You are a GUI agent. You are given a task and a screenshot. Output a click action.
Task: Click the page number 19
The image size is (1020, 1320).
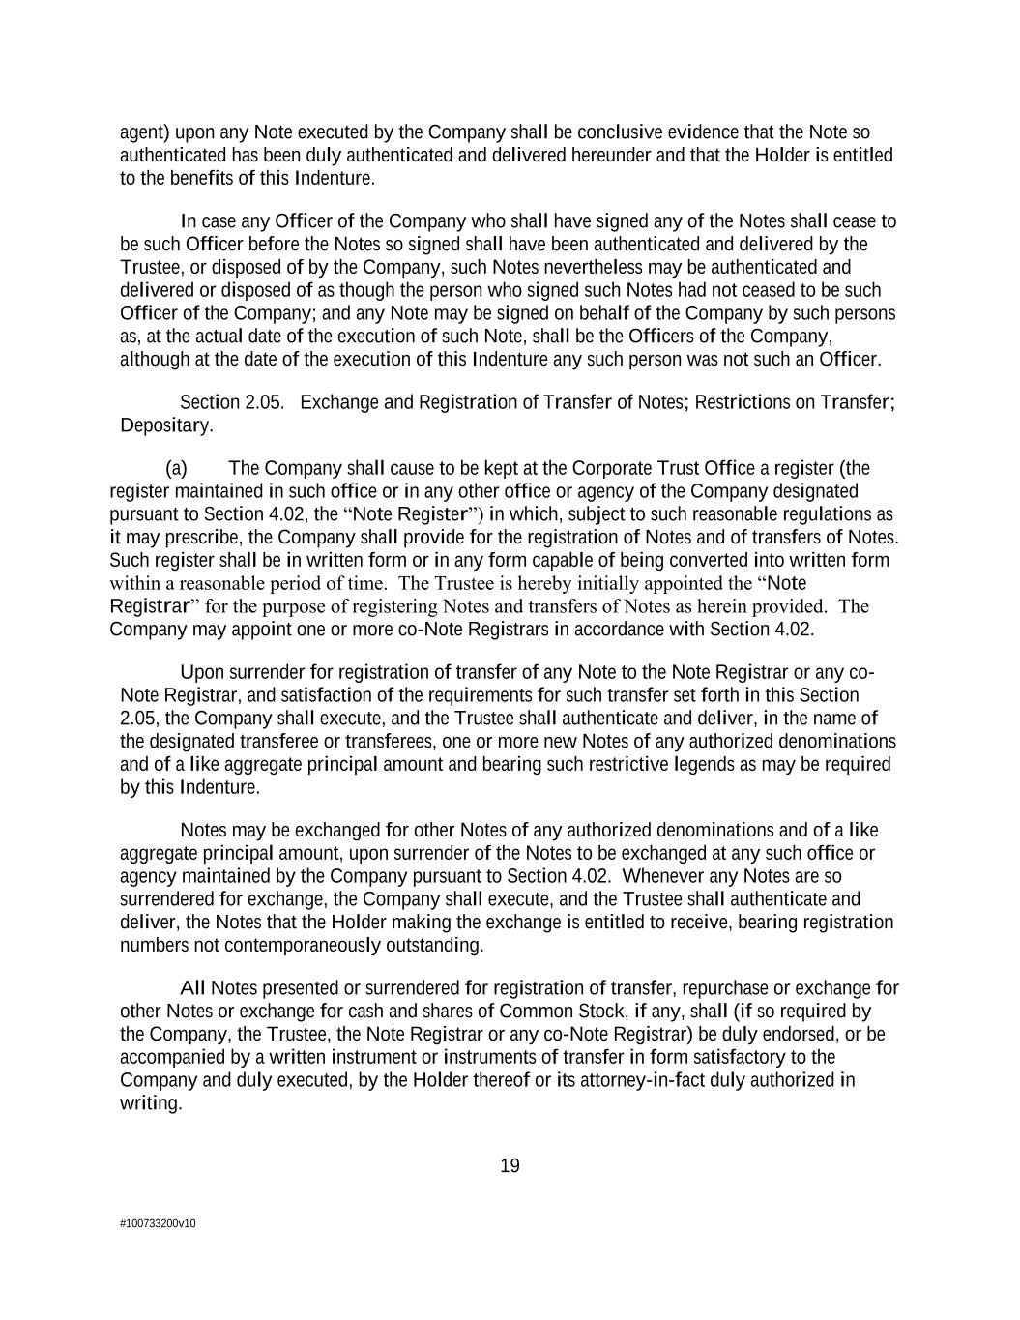click(x=510, y=1165)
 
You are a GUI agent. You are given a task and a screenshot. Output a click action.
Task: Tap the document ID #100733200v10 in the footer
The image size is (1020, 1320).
click(x=158, y=1223)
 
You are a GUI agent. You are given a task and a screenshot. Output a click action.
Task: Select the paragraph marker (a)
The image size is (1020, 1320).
click(x=176, y=468)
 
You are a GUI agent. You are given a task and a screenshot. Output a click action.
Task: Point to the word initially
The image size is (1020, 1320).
click(x=592, y=583)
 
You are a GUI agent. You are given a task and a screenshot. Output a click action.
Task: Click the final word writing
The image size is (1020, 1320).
click(x=150, y=1103)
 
